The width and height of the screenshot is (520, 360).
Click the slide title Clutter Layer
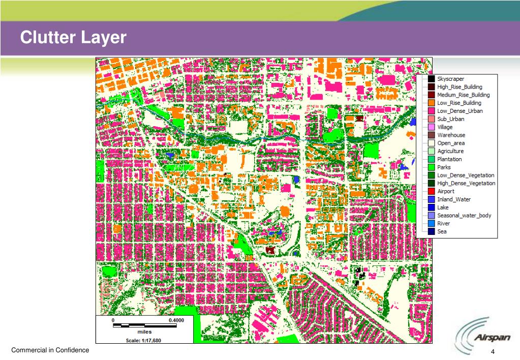point(73,38)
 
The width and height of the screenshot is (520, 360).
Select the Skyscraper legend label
point(450,79)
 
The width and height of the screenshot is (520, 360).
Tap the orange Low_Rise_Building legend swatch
point(431,103)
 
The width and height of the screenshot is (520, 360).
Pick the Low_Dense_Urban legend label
point(460,111)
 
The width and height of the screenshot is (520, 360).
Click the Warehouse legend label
point(451,135)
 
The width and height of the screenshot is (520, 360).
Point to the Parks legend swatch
point(431,167)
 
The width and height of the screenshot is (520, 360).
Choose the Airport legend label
point(446,191)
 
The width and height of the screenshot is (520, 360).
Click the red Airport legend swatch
point(431,191)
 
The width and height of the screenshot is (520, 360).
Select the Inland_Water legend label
point(454,199)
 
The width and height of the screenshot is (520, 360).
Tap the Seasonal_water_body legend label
point(464,216)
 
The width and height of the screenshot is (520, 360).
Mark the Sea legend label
point(442,231)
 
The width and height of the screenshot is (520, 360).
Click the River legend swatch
point(431,223)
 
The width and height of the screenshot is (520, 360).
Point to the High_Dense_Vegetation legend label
point(466,183)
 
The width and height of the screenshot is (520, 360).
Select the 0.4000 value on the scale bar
point(176,321)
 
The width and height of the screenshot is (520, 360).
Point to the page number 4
point(493,353)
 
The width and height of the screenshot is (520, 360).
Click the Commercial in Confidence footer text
point(50,350)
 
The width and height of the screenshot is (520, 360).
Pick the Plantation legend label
point(449,159)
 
